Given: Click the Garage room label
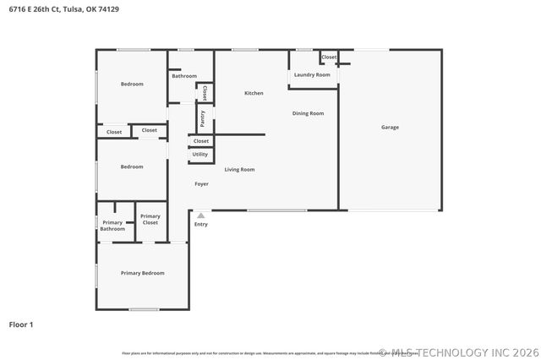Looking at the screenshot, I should click(x=390, y=128).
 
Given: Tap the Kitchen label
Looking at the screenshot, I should click(x=254, y=93).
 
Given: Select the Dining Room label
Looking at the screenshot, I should click(x=308, y=113).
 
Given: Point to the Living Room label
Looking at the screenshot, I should click(x=239, y=170).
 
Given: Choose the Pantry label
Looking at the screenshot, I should click(x=203, y=117).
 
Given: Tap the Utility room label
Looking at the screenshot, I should click(x=199, y=155).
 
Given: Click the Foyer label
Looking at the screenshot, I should click(x=201, y=183).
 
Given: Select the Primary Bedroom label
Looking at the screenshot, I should click(x=142, y=273).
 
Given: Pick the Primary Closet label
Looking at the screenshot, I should click(x=150, y=219).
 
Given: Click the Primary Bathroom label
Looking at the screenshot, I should click(x=112, y=226).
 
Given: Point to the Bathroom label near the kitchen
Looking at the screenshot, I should click(x=183, y=76).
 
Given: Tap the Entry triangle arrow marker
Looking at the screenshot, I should click(x=200, y=215).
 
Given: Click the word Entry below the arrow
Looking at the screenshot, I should click(x=200, y=224).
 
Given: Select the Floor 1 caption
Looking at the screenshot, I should click(x=20, y=324).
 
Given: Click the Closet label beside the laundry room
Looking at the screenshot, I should click(x=329, y=57).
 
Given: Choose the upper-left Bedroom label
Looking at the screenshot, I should click(x=132, y=84).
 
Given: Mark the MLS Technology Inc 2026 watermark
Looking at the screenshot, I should click(x=457, y=352).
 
